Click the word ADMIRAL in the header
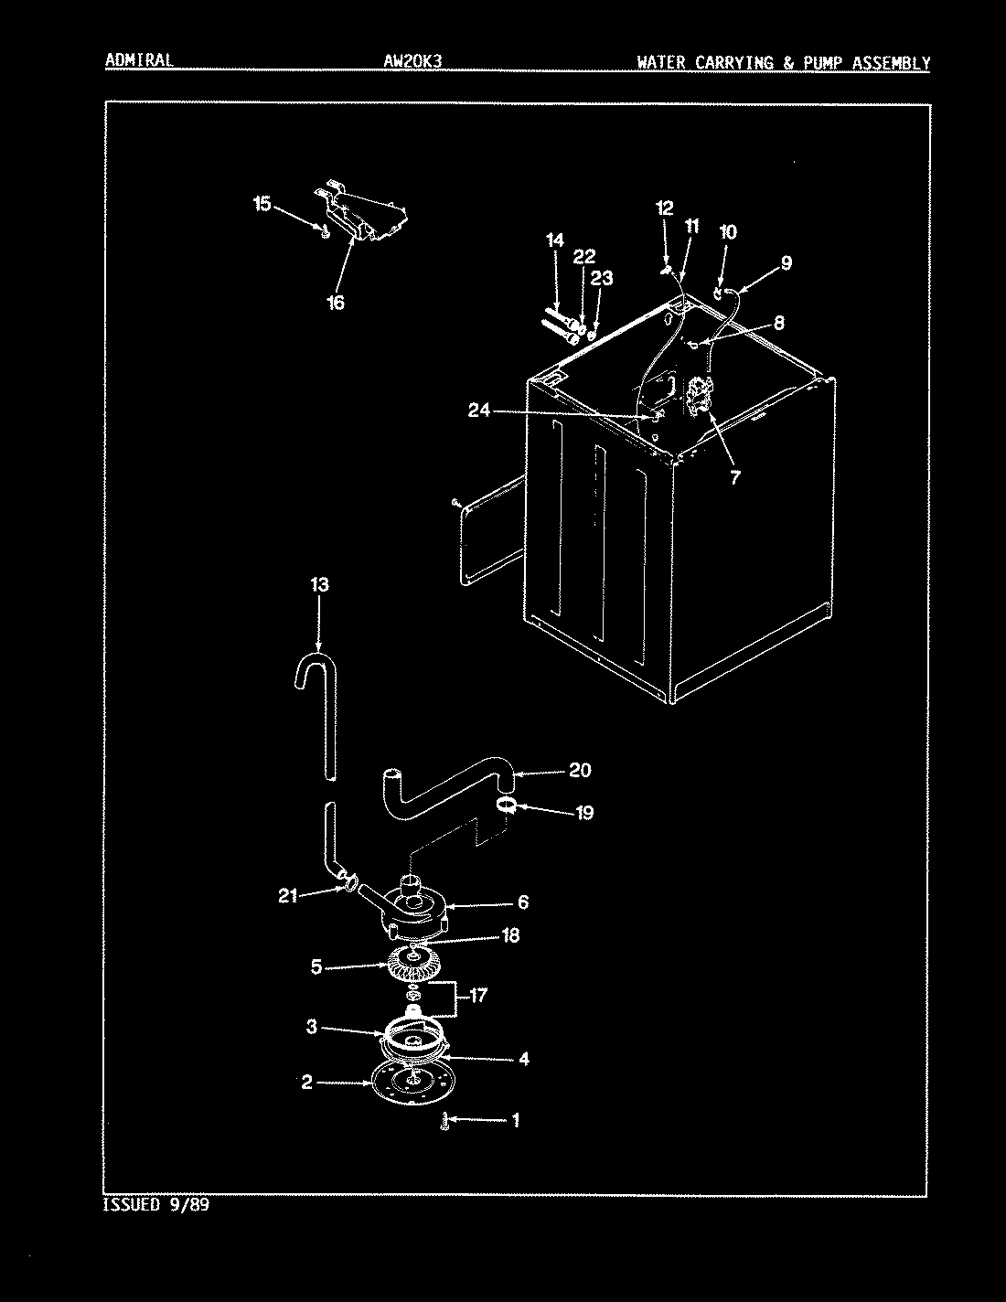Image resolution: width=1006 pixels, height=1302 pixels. (139, 61)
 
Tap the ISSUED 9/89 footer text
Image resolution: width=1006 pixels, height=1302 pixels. (157, 1205)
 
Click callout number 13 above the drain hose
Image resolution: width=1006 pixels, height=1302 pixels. (319, 584)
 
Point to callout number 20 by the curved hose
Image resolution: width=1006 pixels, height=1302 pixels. (580, 770)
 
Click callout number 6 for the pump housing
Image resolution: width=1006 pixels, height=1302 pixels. (522, 902)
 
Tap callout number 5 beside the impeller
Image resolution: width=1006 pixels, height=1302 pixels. (316, 966)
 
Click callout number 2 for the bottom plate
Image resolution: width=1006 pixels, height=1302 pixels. (308, 1083)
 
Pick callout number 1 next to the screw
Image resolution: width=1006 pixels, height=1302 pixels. (515, 1119)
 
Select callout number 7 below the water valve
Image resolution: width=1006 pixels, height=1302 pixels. (735, 475)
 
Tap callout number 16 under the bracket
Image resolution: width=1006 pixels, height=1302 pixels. (336, 303)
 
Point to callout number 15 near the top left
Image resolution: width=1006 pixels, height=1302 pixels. (262, 203)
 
